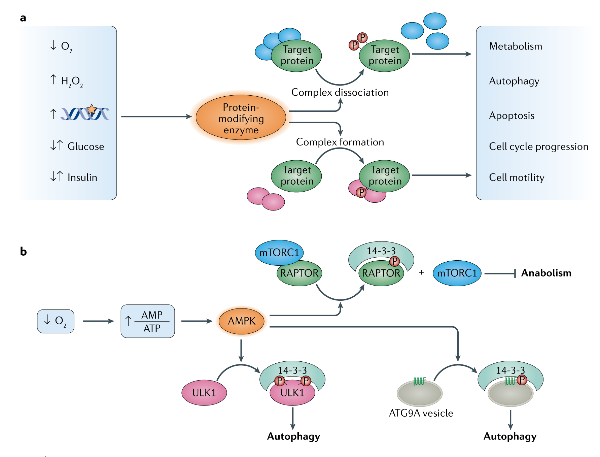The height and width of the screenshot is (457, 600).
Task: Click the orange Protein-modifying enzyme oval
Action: click(x=241, y=118)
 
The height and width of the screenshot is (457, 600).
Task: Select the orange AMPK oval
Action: click(x=242, y=321)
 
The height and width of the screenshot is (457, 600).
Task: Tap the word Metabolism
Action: click(x=516, y=46)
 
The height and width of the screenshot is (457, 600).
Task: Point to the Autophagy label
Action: click(x=514, y=81)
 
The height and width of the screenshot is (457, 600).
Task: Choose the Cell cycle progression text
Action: click(x=538, y=146)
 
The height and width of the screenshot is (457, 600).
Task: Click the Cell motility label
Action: click(x=517, y=177)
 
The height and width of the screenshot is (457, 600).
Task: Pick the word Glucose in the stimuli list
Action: click(x=86, y=146)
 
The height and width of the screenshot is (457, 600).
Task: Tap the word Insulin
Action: click(x=82, y=177)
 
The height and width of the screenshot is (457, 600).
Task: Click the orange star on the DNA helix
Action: click(x=92, y=109)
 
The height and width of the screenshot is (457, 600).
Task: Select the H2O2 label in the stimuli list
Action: click(x=72, y=81)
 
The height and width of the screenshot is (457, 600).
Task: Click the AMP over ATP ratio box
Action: click(x=148, y=321)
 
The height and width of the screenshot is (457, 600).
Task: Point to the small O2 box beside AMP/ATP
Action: click(x=56, y=321)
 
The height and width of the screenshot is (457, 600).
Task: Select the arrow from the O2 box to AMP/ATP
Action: click(x=98, y=321)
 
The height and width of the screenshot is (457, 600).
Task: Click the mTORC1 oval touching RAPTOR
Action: click(x=279, y=253)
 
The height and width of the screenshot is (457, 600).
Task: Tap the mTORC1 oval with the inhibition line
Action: click(x=457, y=273)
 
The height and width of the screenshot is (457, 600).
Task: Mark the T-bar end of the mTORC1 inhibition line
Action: click(x=515, y=273)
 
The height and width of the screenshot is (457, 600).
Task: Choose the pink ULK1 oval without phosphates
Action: click(x=204, y=393)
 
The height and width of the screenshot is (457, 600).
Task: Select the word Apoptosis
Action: click(x=511, y=116)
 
